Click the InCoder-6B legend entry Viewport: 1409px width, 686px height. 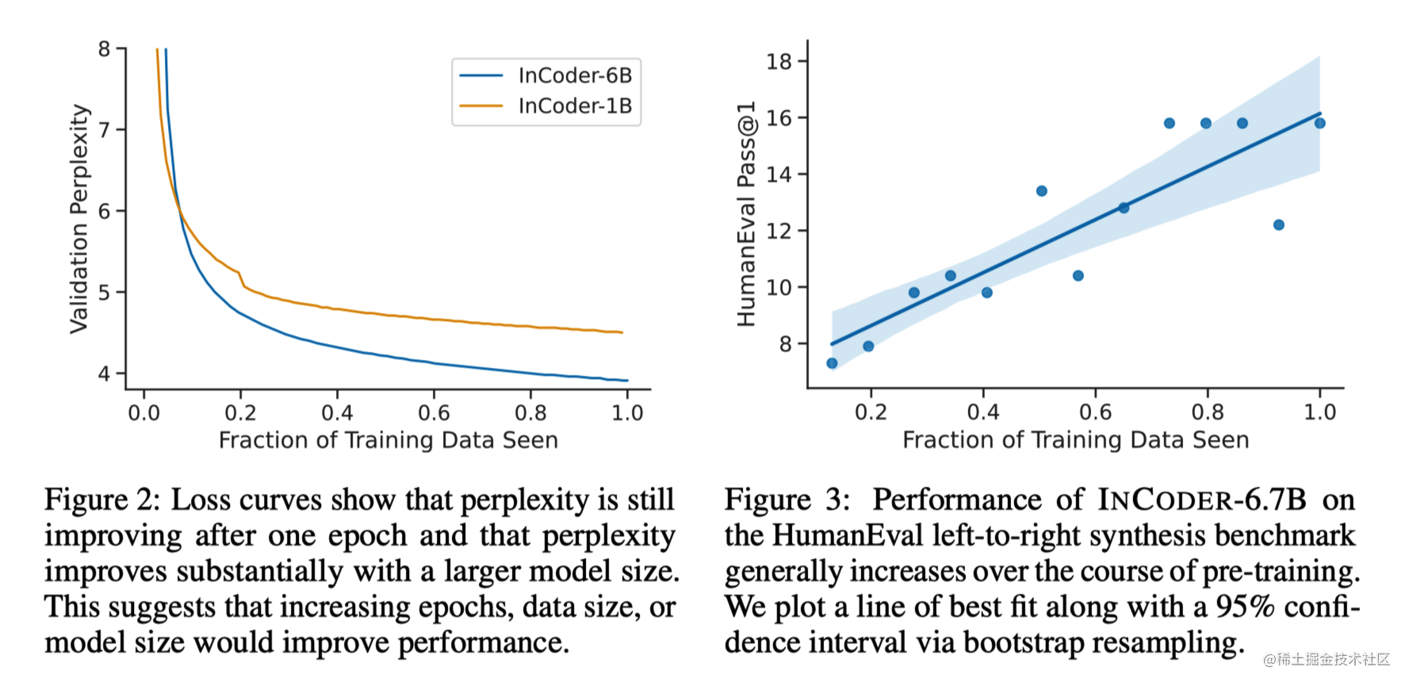(574, 76)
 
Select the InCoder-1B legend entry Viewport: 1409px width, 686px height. (574, 106)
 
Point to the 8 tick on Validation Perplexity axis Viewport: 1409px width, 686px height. (104, 49)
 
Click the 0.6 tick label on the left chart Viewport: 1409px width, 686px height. (434, 413)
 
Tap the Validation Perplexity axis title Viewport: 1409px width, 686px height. (78, 218)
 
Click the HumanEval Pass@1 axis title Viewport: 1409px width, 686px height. (746, 214)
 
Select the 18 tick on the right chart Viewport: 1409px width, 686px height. (779, 61)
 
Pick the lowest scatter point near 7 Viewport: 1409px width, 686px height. (832, 363)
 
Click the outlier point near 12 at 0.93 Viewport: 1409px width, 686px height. (1278, 225)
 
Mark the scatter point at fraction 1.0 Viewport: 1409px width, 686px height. (1320, 123)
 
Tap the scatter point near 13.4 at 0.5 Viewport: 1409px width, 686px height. (1042, 191)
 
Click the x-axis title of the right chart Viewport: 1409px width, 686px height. (1075, 440)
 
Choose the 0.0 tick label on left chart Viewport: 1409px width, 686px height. (144, 413)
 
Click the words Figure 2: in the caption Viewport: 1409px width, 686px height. (101, 500)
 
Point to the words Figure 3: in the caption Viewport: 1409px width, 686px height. (787, 500)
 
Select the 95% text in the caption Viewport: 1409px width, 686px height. (1245, 607)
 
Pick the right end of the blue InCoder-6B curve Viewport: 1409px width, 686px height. (626, 381)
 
